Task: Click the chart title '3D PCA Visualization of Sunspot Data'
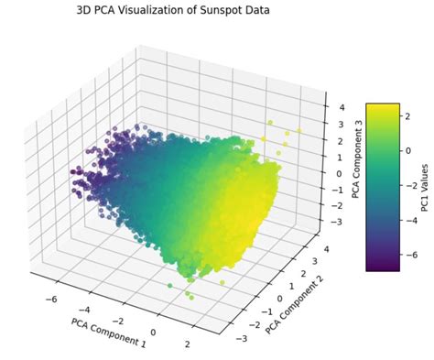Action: (173, 10)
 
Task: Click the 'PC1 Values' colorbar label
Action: (424, 189)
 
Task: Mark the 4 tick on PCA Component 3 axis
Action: (340, 107)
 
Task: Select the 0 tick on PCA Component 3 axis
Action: (339, 173)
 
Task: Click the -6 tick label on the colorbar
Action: (410, 259)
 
